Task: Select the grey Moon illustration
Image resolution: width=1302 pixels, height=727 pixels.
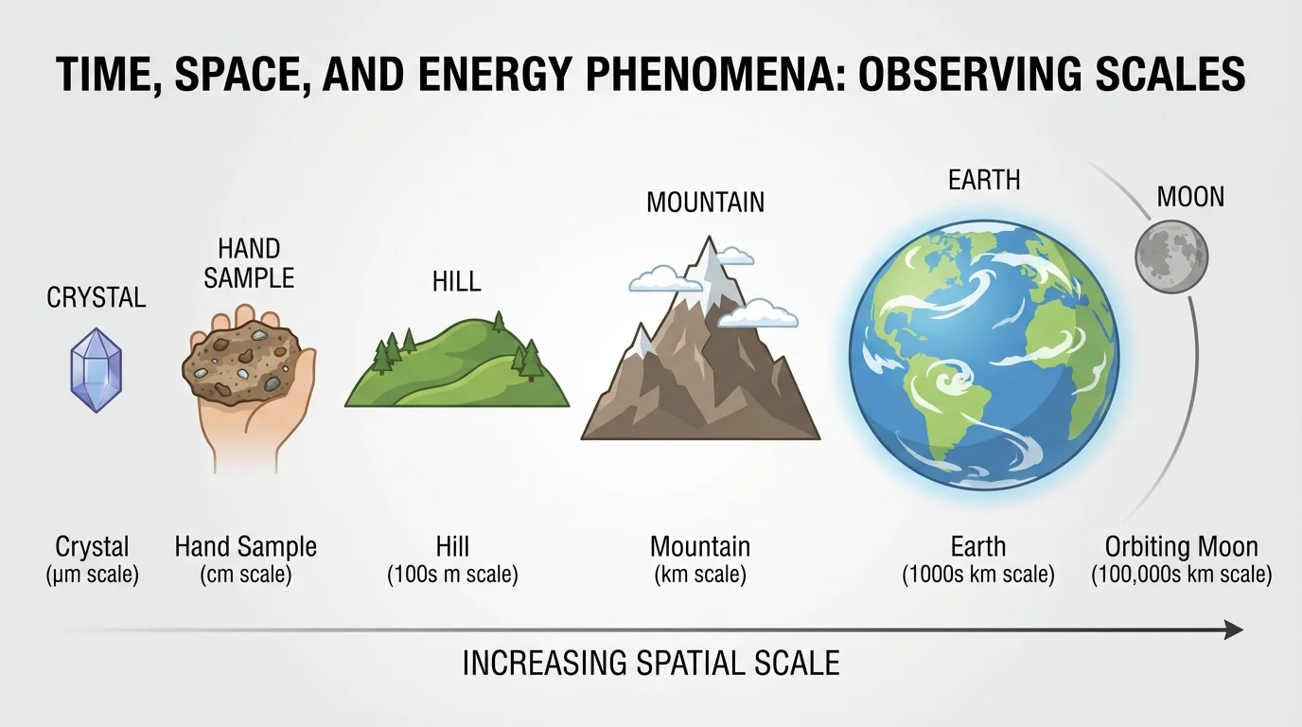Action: (1171, 255)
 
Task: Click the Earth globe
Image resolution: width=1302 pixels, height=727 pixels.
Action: (984, 356)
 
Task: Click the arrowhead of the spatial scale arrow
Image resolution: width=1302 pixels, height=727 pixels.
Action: (1233, 629)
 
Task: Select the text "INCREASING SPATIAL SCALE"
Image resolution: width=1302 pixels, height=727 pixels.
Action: (651, 663)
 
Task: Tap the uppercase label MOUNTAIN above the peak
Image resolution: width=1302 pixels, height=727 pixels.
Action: (705, 202)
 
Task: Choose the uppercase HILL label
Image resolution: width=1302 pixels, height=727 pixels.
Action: (456, 281)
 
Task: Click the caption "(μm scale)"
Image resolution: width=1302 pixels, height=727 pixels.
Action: (92, 575)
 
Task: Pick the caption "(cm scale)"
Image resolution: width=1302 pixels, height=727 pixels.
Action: (245, 575)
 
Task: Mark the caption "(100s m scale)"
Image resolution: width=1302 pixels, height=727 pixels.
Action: (452, 575)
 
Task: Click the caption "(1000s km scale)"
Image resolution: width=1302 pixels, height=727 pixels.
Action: (978, 575)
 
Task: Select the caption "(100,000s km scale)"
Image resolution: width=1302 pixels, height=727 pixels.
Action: (1181, 575)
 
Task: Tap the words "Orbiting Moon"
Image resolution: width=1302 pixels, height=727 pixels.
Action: (1181, 546)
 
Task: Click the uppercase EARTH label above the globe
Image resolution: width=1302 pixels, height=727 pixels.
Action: (984, 179)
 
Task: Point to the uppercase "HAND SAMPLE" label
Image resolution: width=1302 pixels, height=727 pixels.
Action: (249, 263)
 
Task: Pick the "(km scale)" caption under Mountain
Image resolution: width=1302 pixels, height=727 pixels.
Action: (700, 575)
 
